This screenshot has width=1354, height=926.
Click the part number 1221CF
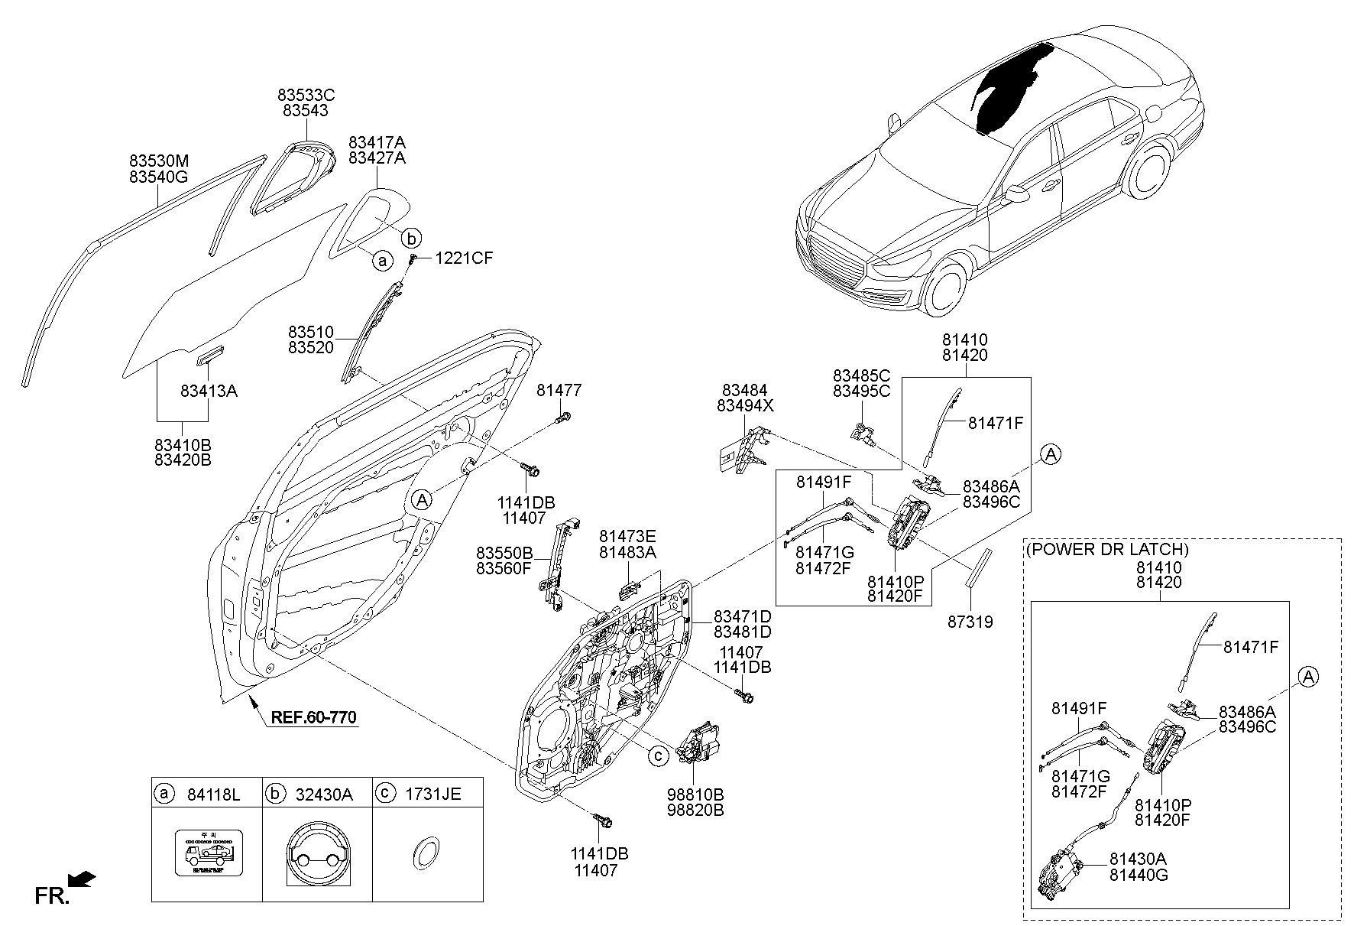point(464,258)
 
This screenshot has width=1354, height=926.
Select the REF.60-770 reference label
point(313,718)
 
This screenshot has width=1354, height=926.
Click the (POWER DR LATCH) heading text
point(1107,549)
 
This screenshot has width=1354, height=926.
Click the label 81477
point(559,391)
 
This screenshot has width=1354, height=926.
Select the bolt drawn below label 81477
point(564,418)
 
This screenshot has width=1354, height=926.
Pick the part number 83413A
point(209,392)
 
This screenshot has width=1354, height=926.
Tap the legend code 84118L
point(213,794)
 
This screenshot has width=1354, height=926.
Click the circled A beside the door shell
point(421,500)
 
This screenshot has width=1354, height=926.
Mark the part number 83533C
point(306,96)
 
